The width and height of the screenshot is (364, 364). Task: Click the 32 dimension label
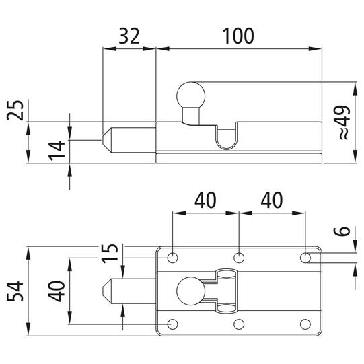click(x=129, y=36)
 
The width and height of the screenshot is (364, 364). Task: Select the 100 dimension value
click(x=238, y=36)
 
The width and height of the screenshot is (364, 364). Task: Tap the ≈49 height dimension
click(x=344, y=123)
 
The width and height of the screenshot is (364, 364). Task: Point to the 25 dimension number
click(x=15, y=110)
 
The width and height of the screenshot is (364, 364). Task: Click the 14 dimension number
click(x=57, y=151)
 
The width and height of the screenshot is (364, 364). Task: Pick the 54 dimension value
click(x=15, y=291)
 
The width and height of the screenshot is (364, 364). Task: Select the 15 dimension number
click(x=110, y=254)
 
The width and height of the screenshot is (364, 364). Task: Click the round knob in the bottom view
click(x=191, y=291)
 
